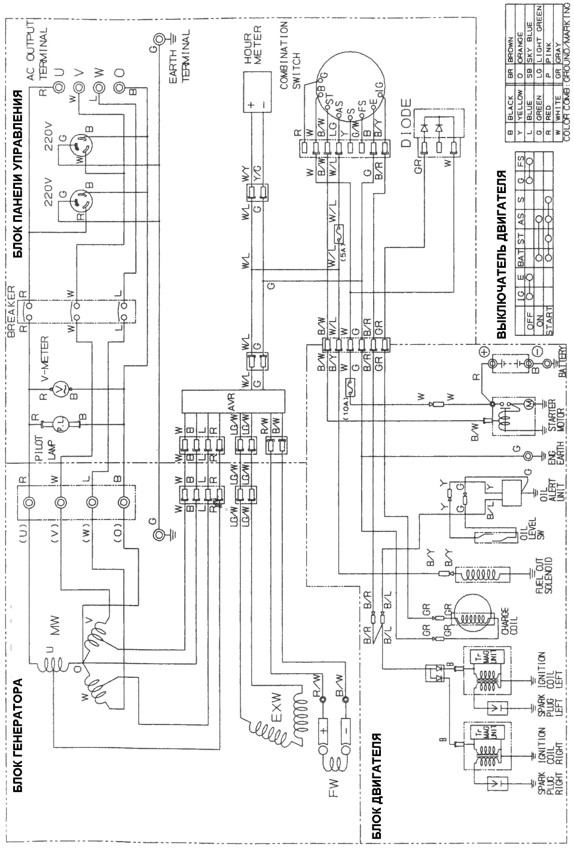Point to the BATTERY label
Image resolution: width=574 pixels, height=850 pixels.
click(561, 363)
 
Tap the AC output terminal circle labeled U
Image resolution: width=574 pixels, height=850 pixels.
click(59, 72)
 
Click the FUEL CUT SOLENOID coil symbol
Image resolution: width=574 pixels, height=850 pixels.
click(479, 573)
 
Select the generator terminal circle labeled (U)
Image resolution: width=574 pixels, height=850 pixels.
click(28, 502)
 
